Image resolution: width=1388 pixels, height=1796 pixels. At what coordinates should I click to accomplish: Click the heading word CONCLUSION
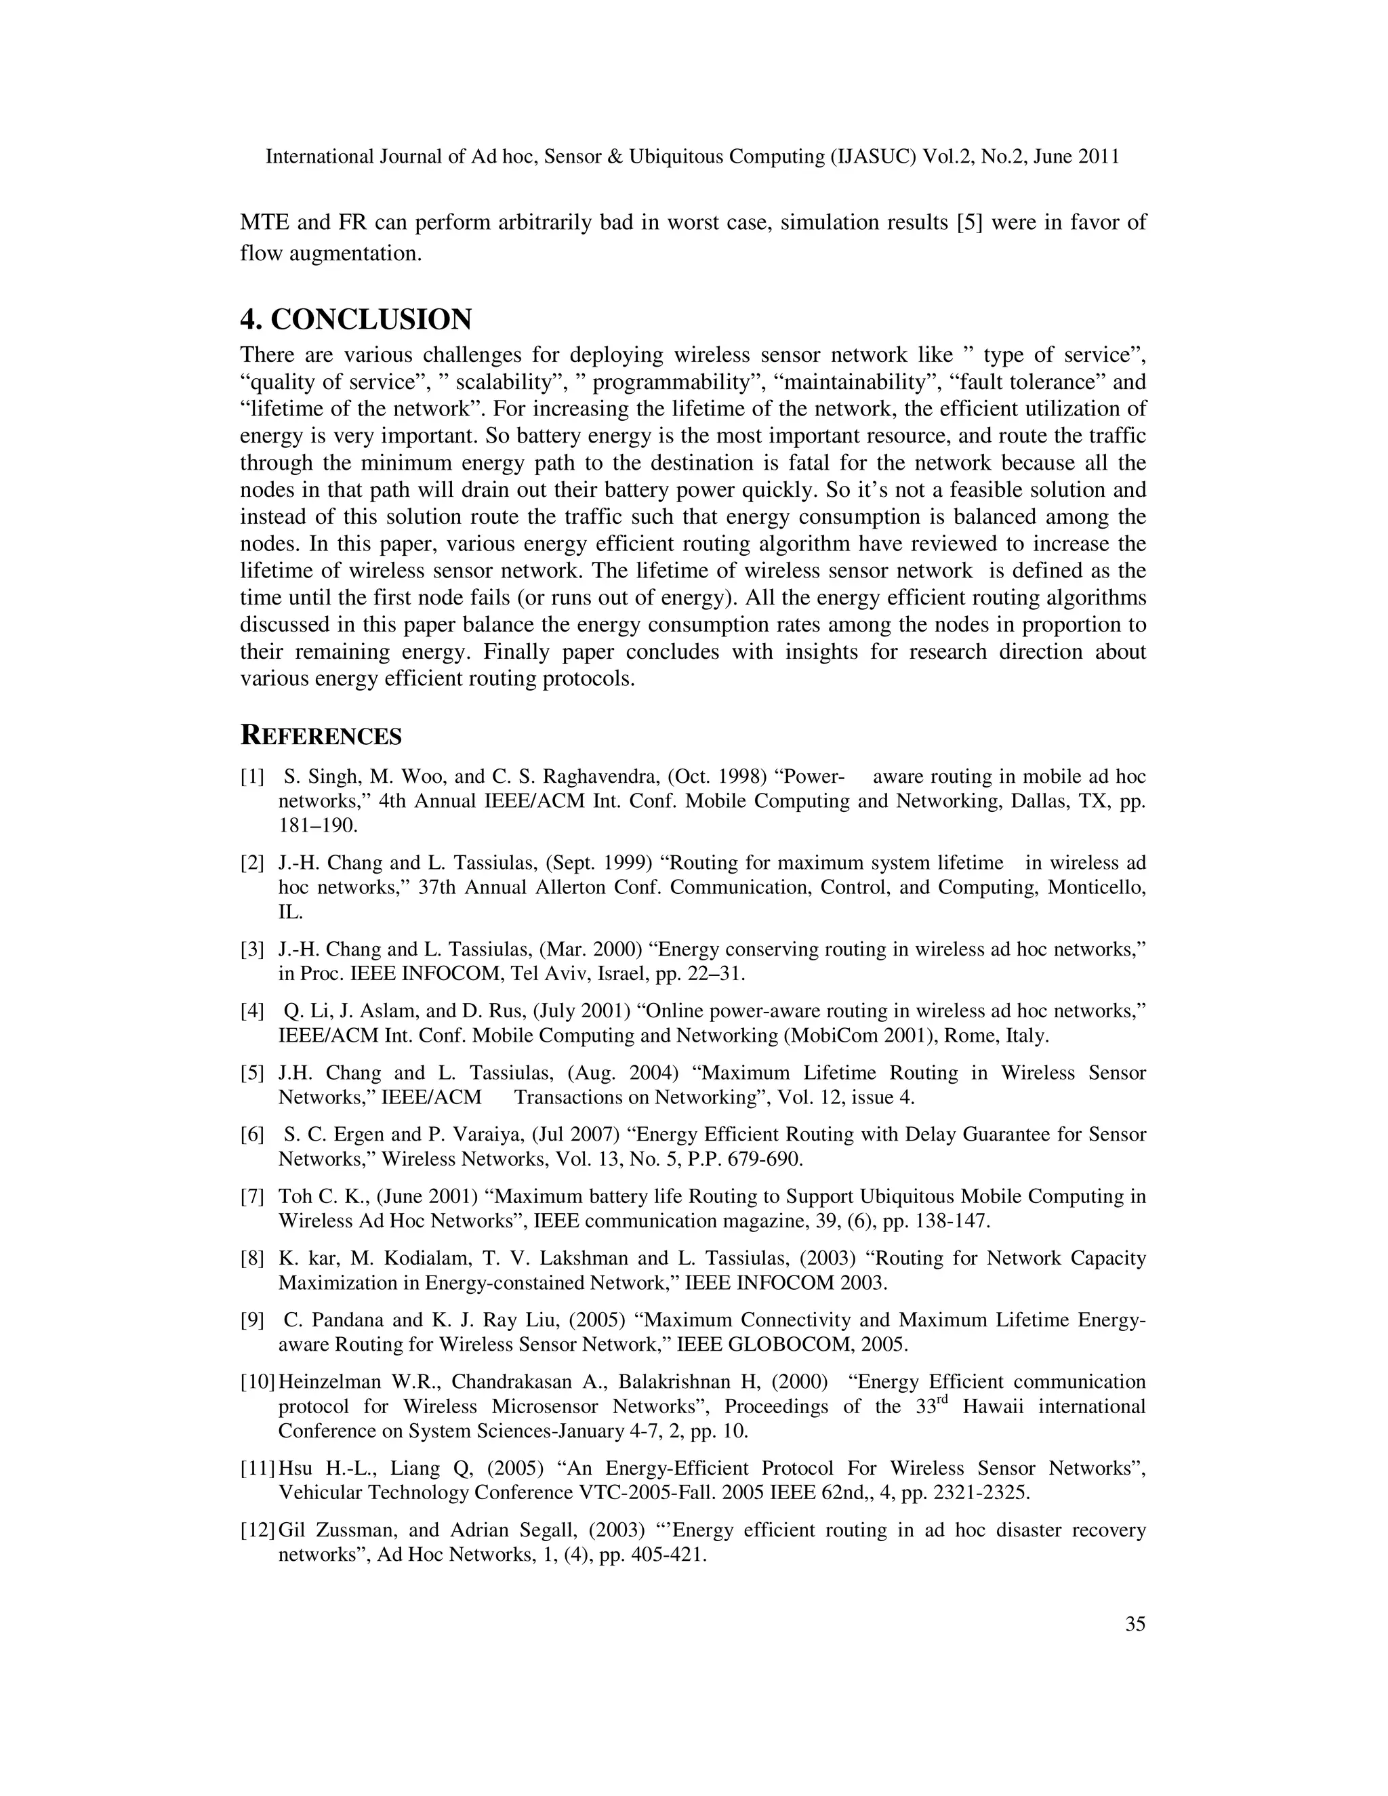click(x=371, y=319)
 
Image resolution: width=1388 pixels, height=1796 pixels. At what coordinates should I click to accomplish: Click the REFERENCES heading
click(x=321, y=736)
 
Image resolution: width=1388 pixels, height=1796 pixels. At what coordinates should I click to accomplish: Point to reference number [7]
click(x=252, y=1196)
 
